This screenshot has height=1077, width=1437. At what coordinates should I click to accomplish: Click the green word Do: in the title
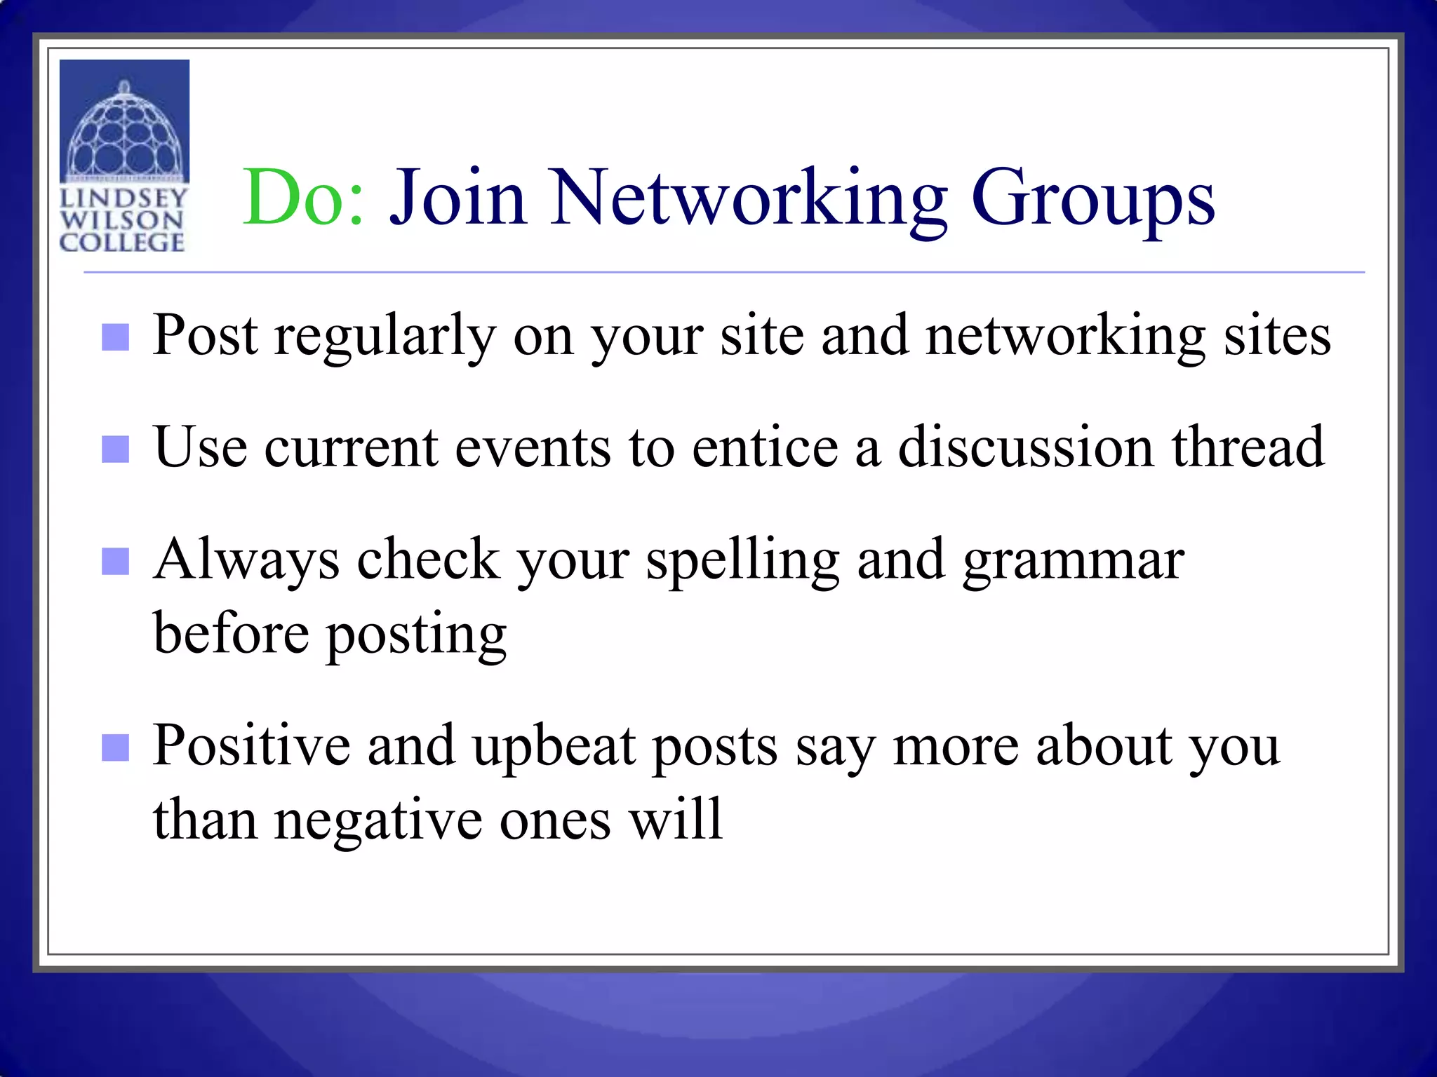pyautogui.click(x=303, y=198)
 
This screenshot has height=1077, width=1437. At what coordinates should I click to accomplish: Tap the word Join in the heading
pyautogui.click(x=457, y=198)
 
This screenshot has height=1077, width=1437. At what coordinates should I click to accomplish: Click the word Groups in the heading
pyautogui.click(x=1092, y=198)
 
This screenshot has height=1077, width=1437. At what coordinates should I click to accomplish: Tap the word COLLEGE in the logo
pyautogui.click(x=122, y=243)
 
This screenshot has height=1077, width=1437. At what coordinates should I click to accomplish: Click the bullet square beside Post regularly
pyautogui.click(x=115, y=337)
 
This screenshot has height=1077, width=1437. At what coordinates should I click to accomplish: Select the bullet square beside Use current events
pyautogui.click(x=115, y=449)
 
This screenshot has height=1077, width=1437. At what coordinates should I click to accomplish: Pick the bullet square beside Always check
pyautogui.click(x=115, y=561)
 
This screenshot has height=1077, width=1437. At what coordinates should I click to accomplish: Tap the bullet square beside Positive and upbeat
pyautogui.click(x=115, y=747)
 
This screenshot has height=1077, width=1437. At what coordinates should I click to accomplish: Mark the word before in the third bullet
pyautogui.click(x=231, y=632)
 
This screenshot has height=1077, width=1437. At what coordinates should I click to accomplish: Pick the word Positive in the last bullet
pyautogui.click(x=251, y=745)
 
